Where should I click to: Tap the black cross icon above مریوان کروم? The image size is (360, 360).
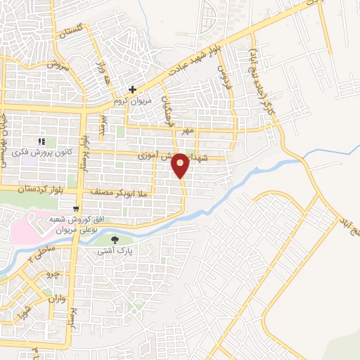pyautogui.click(x=132, y=90)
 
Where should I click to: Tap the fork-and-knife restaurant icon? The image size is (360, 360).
pyautogui.click(x=41, y=141)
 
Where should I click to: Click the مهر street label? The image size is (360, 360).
pyautogui.click(x=186, y=131)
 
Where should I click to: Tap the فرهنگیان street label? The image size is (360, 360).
pyautogui.click(x=167, y=110)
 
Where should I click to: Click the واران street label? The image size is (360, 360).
pyautogui.click(x=58, y=298)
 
